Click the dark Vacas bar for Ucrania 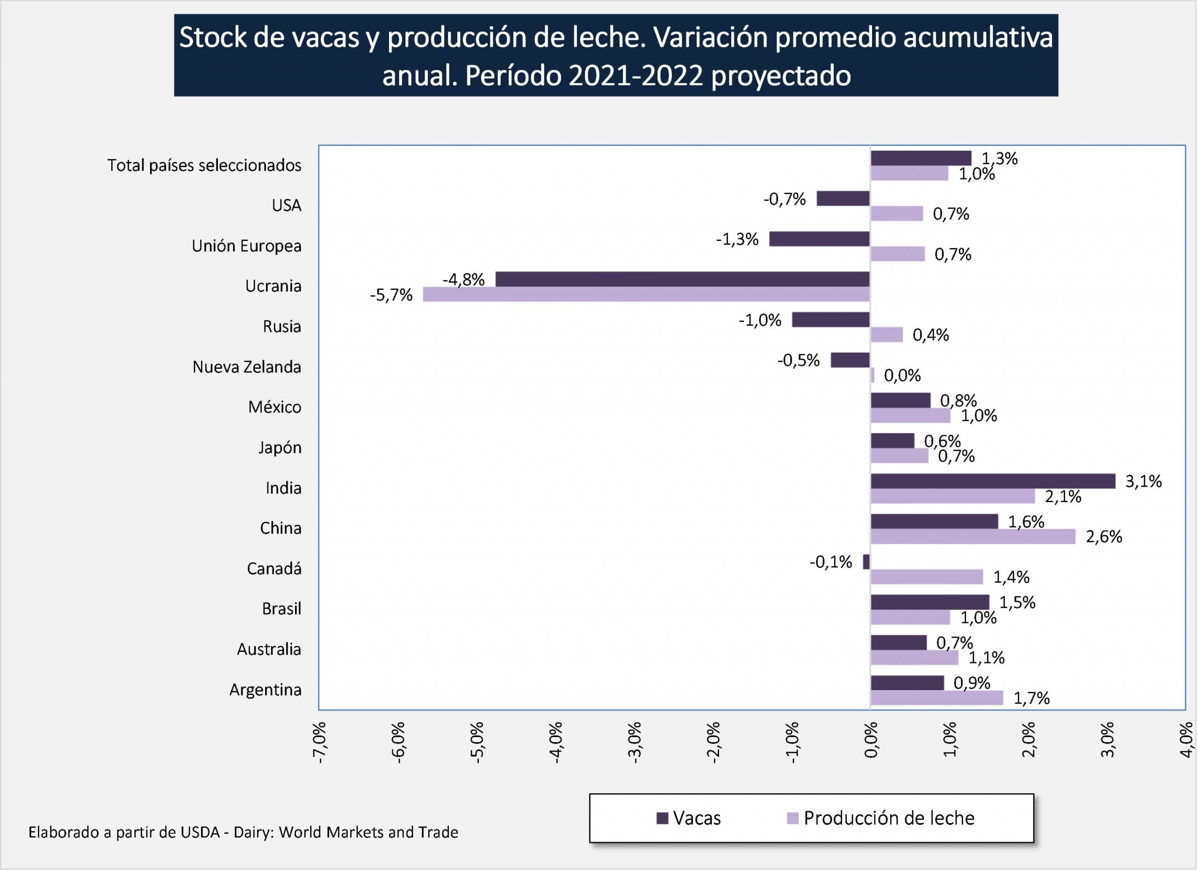click(682, 279)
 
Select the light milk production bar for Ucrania click(646, 294)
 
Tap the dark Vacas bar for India click(993, 481)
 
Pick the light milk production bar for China click(973, 537)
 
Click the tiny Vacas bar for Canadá click(866, 562)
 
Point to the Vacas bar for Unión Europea click(819, 239)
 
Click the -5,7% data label click(391, 295)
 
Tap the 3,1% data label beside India click(1143, 481)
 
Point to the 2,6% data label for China click(1103, 537)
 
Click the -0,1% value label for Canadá click(831, 562)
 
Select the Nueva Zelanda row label click(246, 366)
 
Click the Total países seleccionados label click(204, 165)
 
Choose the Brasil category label click(281, 608)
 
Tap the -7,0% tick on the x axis click(319, 742)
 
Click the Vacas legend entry click(688, 818)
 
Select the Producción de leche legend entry click(880, 818)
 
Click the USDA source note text click(243, 833)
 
